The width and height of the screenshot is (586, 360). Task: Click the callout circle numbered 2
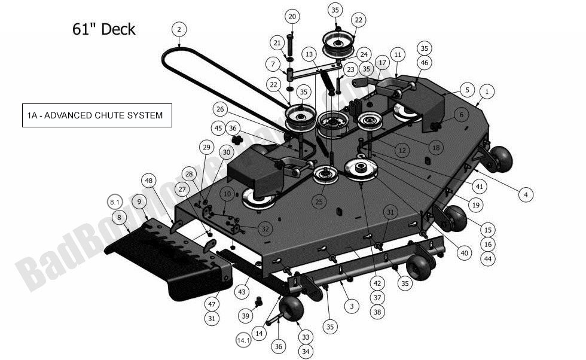tap(179, 28)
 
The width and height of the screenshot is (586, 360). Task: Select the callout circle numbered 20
tap(292, 16)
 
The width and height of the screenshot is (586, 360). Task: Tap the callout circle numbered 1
tap(487, 91)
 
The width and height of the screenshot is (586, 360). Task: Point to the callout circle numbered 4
tap(526, 194)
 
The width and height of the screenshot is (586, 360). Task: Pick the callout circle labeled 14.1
tap(243, 340)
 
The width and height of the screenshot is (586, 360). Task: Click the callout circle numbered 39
tap(246, 315)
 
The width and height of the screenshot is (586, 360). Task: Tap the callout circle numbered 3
tap(352, 306)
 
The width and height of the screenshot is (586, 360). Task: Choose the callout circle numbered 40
tap(463, 253)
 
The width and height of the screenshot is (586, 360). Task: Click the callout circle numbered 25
tap(319, 203)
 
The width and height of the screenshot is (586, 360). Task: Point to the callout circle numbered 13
tap(309, 54)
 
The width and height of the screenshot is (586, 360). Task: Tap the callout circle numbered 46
tap(424, 62)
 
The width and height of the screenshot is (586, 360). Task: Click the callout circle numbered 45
tap(218, 128)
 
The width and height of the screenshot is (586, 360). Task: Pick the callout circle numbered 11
tap(398, 54)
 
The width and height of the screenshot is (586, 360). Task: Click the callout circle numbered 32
tap(265, 228)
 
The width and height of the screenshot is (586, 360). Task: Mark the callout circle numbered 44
tap(488, 258)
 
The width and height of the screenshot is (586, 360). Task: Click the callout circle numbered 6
tap(461, 114)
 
